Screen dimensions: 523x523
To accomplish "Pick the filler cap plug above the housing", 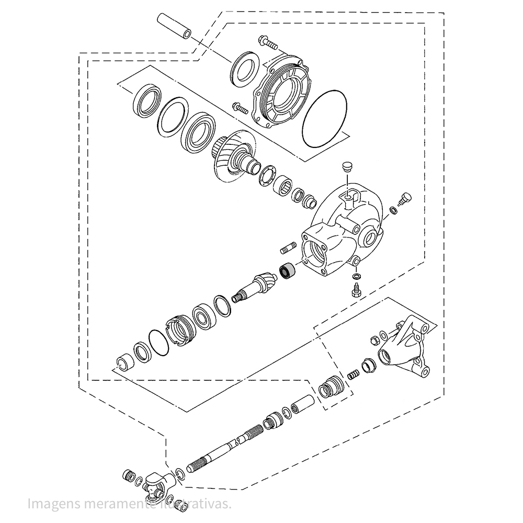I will (345, 167).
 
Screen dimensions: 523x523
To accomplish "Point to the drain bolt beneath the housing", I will (356, 290).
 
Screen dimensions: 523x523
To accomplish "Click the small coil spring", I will (354, 374).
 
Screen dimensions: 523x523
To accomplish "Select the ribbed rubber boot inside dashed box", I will (331, 389).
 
